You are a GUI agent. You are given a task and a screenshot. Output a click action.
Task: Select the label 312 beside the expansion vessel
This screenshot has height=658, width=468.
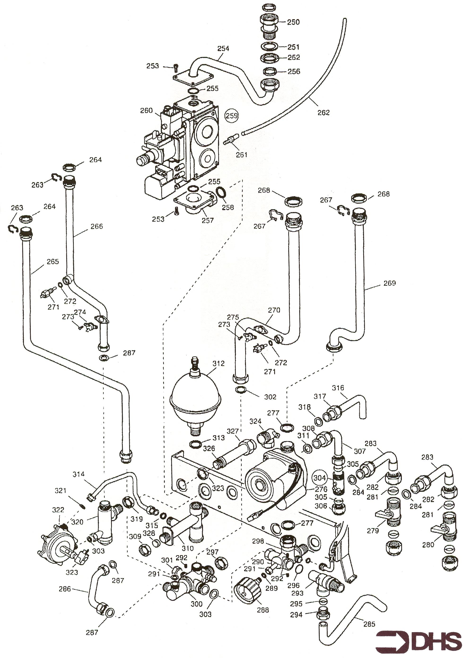pos(219,364)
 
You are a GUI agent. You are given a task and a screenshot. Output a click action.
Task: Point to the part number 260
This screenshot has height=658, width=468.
pos(146,110)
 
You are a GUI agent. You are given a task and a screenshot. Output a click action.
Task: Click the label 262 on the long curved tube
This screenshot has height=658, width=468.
pos(323,113)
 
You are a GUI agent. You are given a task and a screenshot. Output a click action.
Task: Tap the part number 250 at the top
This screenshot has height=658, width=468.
pos(293,22)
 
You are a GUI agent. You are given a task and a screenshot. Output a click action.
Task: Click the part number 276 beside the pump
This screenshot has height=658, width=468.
pos(321,489)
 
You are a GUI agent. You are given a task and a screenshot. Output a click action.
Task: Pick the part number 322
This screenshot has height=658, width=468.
pos(58,510)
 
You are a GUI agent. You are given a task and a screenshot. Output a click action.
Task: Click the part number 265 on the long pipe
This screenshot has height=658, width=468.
pos(53,261)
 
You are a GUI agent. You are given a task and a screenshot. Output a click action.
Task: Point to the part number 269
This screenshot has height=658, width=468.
pos(390,283)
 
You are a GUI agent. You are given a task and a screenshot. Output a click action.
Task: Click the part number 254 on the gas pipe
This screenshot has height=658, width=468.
pos(223,49)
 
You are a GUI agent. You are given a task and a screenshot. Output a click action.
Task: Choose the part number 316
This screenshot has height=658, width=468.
pos(338,388)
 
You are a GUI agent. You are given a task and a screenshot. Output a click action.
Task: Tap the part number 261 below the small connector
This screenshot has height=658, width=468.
pos(241,155)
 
